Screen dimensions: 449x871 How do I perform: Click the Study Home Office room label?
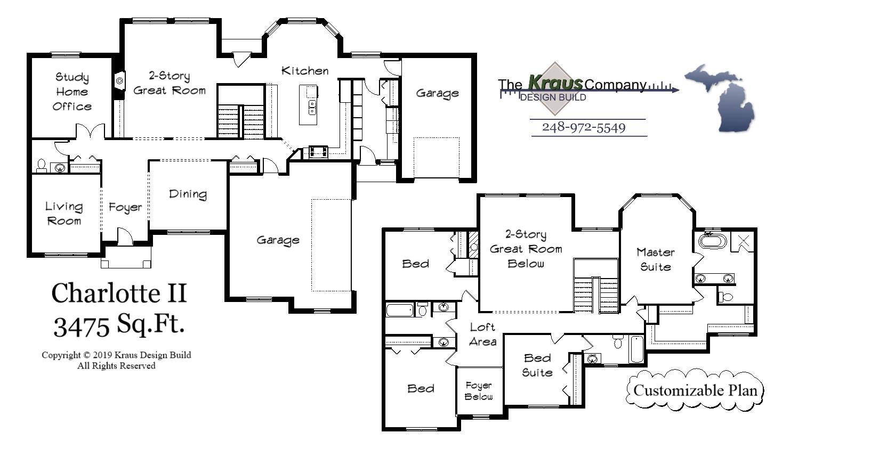[x=72, y=92]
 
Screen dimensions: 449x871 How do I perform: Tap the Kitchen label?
[x=304, y=71]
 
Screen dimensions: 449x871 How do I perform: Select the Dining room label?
[x=188, y=194]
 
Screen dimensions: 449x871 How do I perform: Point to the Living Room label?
[x=64, y=214]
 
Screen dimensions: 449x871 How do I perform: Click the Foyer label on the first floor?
[x=125, y=207]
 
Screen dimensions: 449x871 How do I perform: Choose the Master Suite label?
[x=655, y=259]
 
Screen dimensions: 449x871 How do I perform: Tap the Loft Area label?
[x=482, y=334]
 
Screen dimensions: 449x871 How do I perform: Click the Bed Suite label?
[x=537, y=365]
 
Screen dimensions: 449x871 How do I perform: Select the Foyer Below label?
[x=479, y=391]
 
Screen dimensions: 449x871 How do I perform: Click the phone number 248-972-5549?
[x=584, y=128]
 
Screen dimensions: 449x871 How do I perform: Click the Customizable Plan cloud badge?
[x=695, y=390]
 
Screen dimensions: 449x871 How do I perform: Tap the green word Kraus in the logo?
[x=554, y=83]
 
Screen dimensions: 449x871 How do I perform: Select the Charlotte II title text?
[x=119, y=293]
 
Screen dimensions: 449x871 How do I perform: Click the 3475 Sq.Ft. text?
[x=119, y=324]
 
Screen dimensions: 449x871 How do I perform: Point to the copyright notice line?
[x=116, y=355]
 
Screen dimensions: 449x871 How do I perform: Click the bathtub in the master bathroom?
[x=712, y=241]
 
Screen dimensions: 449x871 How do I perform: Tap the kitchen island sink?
[x=312, y=108]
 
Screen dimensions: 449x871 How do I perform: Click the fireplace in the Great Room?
[x=118, y=80]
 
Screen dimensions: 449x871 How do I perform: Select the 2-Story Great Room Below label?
[x=526, y=249]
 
